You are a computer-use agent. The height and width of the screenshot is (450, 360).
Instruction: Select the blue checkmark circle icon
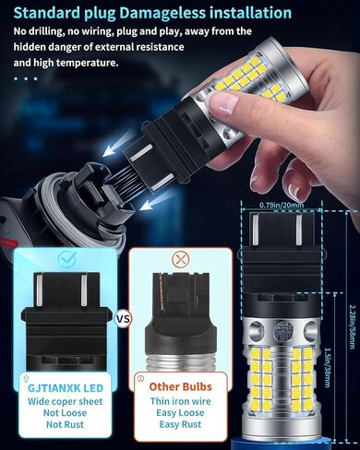coord(67,259)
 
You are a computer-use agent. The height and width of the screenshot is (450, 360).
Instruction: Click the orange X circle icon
coord(180,260)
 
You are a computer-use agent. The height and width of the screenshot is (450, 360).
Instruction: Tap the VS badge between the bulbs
coord(123,319)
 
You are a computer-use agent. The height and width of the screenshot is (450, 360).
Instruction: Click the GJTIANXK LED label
coord(66,388)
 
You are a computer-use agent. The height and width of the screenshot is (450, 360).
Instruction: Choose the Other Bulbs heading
coord(180,386)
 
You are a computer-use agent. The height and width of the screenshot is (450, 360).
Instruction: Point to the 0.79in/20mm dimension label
coord(282,205)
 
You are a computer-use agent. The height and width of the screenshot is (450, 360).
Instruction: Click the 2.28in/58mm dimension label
coord(353,326)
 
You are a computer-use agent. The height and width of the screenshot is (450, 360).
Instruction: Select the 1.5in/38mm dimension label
coord(328,367)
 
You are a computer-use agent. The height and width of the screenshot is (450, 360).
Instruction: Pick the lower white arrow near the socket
coord(155,202)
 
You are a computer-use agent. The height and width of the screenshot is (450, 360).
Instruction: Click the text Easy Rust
coord(180,424)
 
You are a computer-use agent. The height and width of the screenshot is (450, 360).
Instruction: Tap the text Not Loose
coord(65,413)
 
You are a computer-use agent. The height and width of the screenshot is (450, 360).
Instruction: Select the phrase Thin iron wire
coord(180,401)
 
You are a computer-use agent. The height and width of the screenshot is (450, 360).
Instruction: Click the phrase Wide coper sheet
coord(65,401)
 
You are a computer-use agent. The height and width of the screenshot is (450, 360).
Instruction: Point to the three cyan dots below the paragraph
coord(26,78)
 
